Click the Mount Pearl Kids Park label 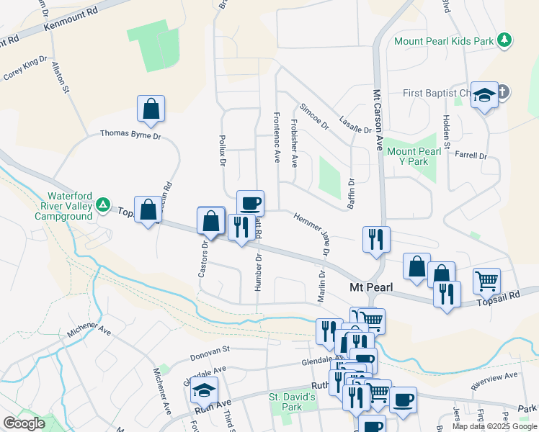click(x=443, y=40)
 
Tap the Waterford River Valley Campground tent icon click(x=103, y=205)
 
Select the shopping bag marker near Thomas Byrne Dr click(x=151, y=109)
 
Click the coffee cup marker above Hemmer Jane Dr click(x=250, y=203)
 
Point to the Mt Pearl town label click(x=371, y=287)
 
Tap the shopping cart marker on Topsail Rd click(x=487, y=281)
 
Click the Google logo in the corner click(x=24, y=423)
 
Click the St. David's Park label click(x=293, y=402)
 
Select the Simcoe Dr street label click(x=314, y=115)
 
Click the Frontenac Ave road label click(x=277, y=137)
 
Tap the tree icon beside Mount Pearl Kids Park click(x=505, y=40)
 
